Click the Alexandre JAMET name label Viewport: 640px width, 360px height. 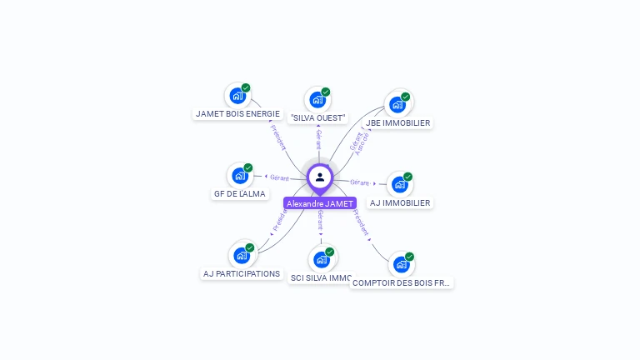tap(320, 203)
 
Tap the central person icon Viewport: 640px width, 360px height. tap(320, 177)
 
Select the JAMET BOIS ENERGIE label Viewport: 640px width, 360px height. tap(237, 113)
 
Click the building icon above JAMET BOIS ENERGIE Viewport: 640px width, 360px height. tap(237, 96)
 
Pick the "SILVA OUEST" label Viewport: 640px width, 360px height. tap(318, 118)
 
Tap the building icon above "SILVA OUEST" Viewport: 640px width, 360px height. tap(317, 100)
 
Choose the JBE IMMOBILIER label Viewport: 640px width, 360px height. tap(398, 122)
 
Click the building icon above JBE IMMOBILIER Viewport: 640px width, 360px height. tap(397, 104)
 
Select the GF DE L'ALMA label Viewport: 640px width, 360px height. tap(239, 194)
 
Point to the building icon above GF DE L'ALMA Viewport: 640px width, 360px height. tap(240, 176)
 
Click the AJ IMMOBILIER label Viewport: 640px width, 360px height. tap(400, 202)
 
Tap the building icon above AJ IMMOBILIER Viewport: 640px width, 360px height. tap(400, 184)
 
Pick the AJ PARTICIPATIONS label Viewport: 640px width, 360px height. tap(242, 273)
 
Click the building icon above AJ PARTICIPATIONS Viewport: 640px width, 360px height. tap(242, 255)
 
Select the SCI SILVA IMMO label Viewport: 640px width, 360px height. tap(321, 277)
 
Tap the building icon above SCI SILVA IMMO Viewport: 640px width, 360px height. tap(322, 259)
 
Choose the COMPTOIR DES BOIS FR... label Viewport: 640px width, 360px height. tap(402, 282)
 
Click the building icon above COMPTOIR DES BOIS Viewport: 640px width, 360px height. tap(402, 264)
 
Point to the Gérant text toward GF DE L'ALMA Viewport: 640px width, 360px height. tap(279, 177)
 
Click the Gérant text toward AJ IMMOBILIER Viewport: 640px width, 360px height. tap(359, 182)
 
